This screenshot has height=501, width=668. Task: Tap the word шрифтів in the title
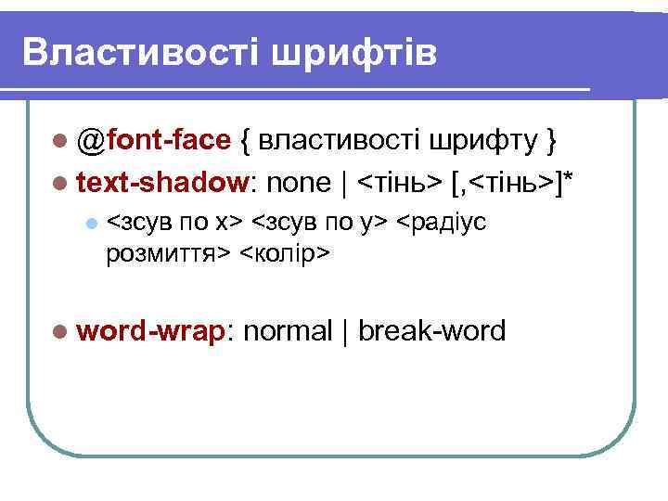353,54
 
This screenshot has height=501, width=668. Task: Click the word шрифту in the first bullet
483,142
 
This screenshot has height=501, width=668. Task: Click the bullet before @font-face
61,142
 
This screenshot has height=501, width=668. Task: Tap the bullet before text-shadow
61,183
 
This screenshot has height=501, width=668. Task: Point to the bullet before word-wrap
61,330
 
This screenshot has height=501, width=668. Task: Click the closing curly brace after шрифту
551,142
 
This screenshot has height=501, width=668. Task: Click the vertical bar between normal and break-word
345,330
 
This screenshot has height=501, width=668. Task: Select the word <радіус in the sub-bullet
439,224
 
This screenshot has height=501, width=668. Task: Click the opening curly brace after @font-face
245,142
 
